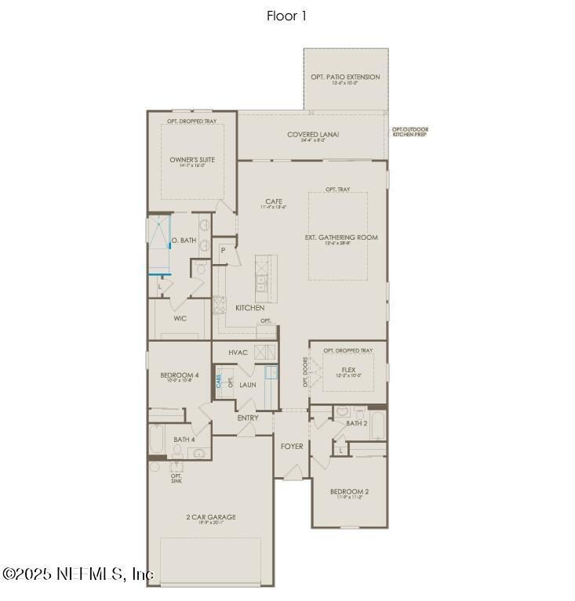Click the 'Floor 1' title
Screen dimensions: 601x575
286,16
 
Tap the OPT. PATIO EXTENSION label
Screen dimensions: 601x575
345,77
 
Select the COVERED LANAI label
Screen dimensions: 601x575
312,135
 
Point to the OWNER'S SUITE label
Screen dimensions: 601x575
192,160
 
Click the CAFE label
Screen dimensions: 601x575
273,201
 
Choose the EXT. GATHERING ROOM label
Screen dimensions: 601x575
341,237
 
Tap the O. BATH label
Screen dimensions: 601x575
184,241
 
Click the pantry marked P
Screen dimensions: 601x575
223,251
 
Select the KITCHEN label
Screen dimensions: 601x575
249,308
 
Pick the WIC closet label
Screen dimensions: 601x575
180,319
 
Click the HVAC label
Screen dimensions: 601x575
238,353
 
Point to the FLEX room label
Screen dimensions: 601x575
348,369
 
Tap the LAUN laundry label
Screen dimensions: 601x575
248,385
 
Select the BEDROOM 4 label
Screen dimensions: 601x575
180,375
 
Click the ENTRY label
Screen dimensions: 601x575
248,418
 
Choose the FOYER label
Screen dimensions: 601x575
292,447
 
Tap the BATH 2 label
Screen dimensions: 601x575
357,423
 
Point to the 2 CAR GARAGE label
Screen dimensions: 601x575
210,517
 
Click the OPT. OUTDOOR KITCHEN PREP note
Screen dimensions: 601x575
410,132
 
